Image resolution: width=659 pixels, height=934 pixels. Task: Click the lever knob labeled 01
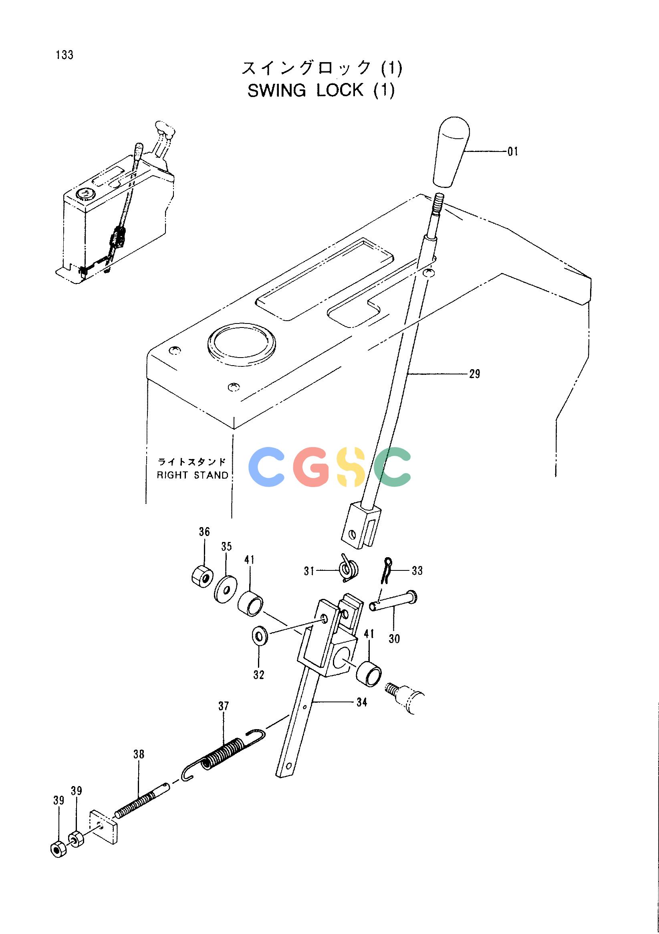451,153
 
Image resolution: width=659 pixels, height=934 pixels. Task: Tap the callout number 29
474,374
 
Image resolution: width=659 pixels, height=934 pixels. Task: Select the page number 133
65,55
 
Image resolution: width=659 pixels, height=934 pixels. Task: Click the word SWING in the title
276,90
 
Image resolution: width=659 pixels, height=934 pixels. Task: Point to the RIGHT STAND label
193,475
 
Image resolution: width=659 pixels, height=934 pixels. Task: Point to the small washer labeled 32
259,635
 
